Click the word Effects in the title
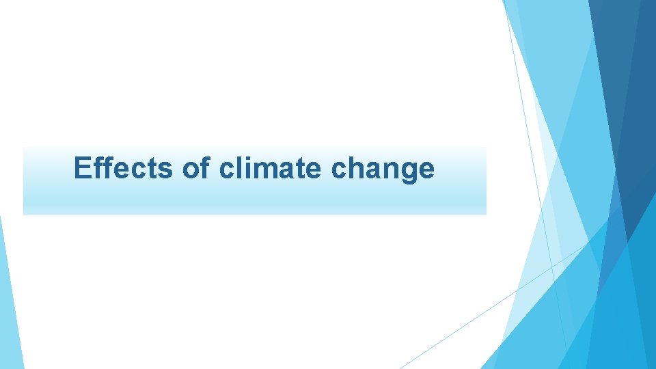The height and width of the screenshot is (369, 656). point(124,168)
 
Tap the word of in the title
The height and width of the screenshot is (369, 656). point(197,168)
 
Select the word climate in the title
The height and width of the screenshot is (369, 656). point(271,168)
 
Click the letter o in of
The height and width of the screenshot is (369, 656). point(191,170)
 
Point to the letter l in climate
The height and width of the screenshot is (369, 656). point(239,168)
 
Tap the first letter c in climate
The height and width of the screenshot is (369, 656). point(227,170)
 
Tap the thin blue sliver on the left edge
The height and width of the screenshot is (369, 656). point(8,301)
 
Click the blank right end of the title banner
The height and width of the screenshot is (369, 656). point(465,181)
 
